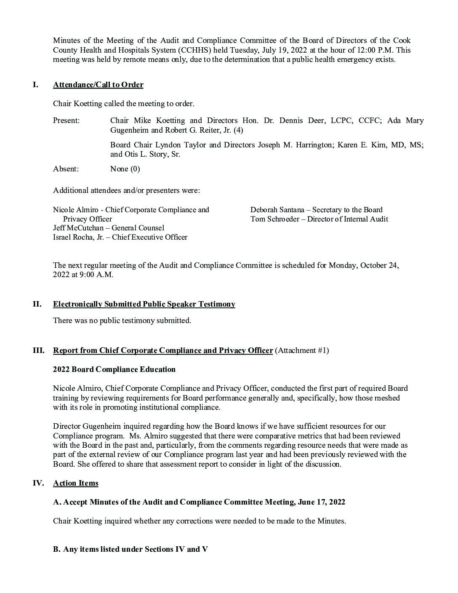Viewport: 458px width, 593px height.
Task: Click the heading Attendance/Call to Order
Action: (98, 85)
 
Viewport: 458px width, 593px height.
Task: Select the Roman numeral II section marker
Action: (37, 304)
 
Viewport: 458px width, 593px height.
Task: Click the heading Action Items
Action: (76, 483)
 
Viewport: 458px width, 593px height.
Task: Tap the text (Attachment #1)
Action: (302, 350)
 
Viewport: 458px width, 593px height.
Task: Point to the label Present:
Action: (66, 120)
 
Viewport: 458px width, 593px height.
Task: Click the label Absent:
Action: (66, 169)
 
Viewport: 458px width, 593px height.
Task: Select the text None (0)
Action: (125, 169)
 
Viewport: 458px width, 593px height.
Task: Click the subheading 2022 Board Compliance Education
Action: (114, 369)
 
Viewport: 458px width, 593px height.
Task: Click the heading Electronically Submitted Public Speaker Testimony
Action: (144, 304)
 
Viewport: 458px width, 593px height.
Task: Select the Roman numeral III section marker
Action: (39, 350)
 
